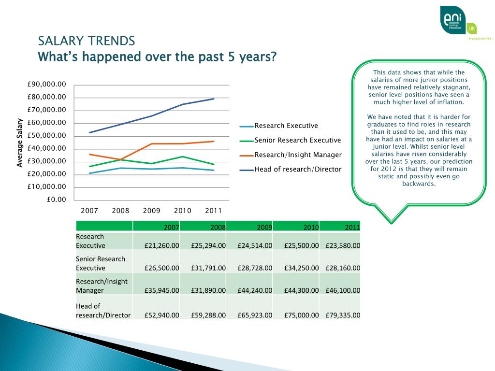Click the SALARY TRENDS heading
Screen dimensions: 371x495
coord(87,41)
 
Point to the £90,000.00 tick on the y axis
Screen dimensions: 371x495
coord(46,85)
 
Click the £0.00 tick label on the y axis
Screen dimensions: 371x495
coord(56,199)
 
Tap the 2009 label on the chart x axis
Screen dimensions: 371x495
coord(151,211)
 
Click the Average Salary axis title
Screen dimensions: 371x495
coord(20,143)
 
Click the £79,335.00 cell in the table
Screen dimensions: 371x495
coord(343,315)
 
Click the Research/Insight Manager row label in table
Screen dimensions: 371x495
coord(102,286)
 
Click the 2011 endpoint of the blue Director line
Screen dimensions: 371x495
coord(214,99)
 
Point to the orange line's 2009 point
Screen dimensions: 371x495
coord(151,143)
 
